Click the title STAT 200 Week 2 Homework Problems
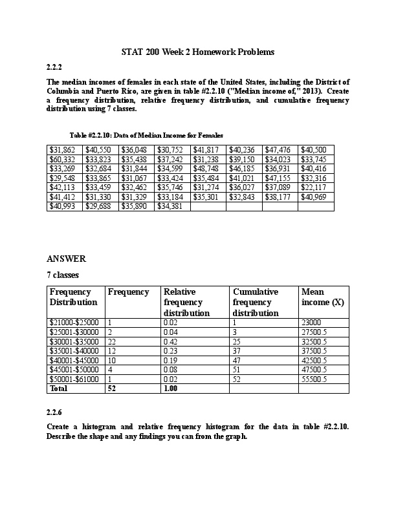click(x=198, y=51)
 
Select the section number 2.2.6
click(x=55, y=412)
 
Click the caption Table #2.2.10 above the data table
click(x=146, y=135)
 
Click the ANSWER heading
click(x=67, y=259)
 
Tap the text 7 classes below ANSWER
click(x=63, y=275)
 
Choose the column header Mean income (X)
click(x=322, y=297)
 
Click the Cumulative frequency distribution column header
click(x=256, y=302)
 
